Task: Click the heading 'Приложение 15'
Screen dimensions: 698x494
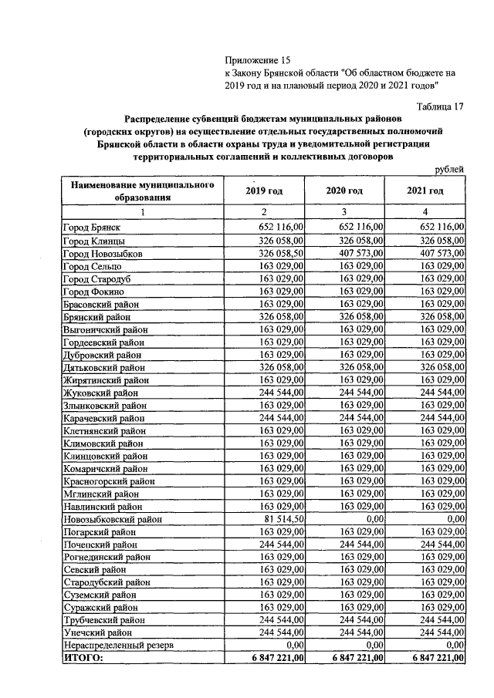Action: [259, 60]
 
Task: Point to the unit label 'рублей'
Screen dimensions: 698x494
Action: [448, 170]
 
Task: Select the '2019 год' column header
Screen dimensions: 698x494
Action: [264, 191]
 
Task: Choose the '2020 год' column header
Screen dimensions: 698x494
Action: [344, 191]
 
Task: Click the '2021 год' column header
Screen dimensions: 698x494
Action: [425, 191]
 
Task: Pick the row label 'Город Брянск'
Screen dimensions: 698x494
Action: [92, 228]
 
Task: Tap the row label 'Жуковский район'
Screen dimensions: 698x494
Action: [99, 393]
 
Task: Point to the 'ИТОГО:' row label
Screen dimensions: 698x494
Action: [83, 658]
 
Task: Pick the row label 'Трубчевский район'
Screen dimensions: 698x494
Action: [103, 619]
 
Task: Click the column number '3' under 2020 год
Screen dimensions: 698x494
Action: [344, 212]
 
